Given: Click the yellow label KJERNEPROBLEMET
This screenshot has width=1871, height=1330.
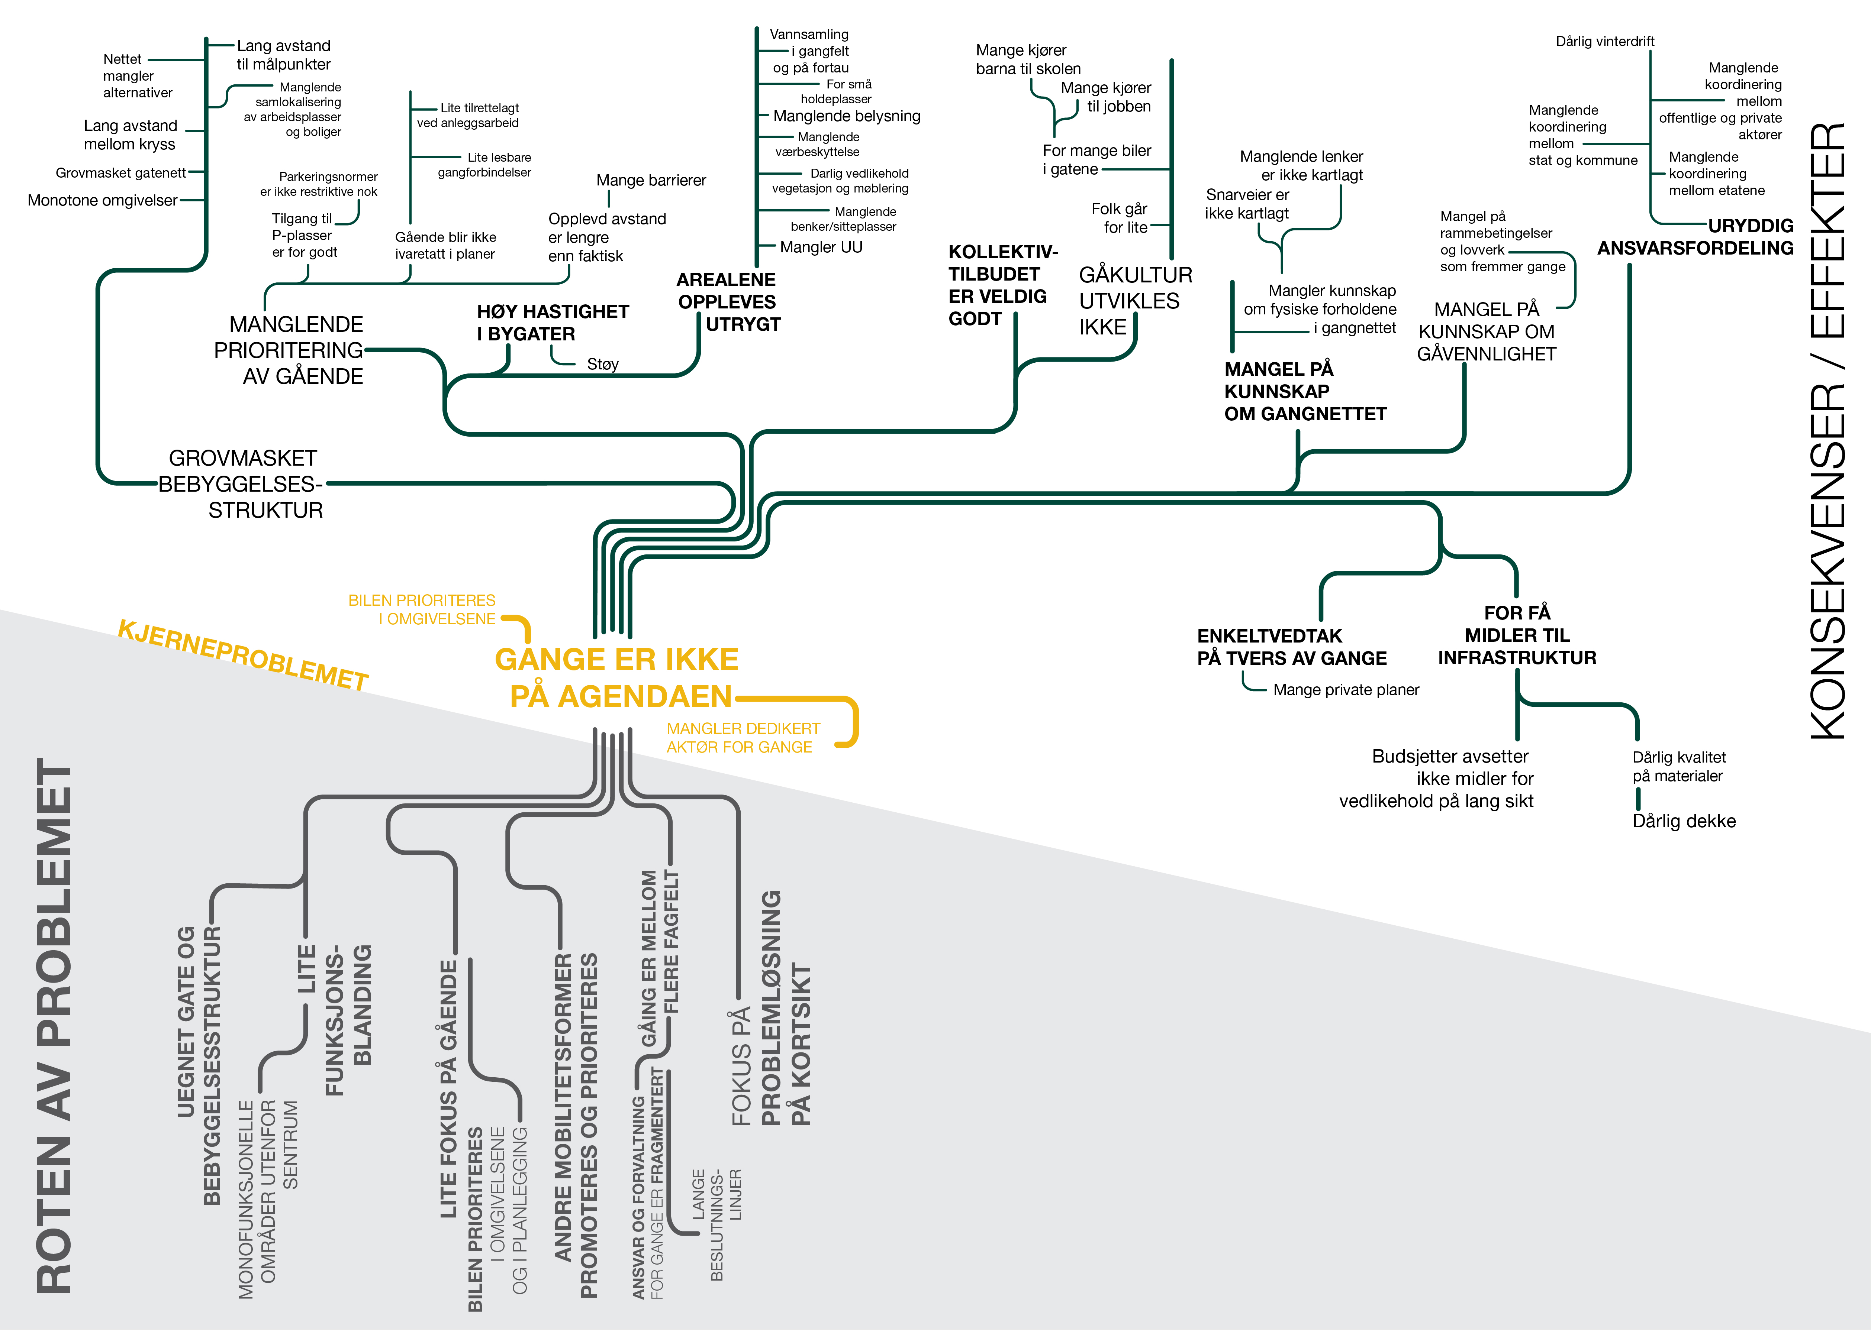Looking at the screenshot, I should [x=243, y=655].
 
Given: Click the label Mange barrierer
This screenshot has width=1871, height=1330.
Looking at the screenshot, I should [x=650, y=180].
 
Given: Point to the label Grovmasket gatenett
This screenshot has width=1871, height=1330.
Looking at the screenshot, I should [x=120, y=173].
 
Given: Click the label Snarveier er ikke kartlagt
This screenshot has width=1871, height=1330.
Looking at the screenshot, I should [x=1247, y=204].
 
